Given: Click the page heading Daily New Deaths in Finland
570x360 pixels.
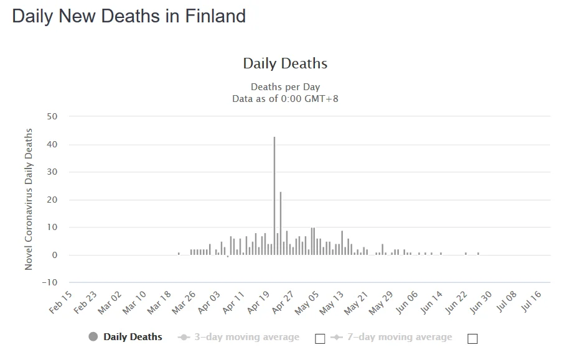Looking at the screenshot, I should coord(129,16).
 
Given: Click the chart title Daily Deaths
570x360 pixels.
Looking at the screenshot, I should coord(285,63).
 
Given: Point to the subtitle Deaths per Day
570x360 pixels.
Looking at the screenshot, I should coord(285,86).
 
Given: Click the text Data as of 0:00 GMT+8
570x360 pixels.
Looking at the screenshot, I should coord(285,98).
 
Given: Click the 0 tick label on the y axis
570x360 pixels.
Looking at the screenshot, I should coord(54,255).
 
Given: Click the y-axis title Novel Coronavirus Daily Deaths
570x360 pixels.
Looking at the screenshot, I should coord(29,199).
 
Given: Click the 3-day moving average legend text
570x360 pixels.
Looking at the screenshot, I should coord(246,337).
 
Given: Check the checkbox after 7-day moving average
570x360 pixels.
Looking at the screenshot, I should coord(472,339).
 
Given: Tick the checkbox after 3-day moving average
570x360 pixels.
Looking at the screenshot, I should coord(320,339).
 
